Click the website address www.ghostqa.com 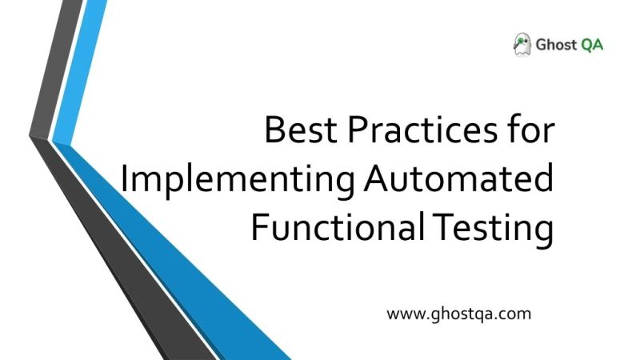[x=458, y=314]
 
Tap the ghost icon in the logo [x=522, y=45]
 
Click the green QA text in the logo [x=593, y=45]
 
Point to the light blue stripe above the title [x=88, y=48]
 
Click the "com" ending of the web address [x=517, y=314]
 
